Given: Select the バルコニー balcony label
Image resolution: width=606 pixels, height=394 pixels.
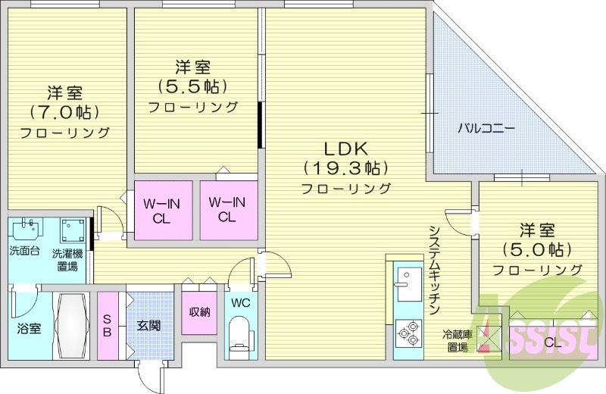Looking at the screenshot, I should pyautogui.click(x=486, y=128).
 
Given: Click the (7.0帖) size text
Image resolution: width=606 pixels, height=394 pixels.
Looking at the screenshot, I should pyautogui.click(x=64, y=113).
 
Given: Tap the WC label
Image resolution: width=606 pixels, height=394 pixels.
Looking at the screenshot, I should pyautogui.click(x=240, y=303).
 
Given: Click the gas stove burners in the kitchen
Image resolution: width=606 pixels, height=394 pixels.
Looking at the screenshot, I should pyautogui.click(x=408, y=333).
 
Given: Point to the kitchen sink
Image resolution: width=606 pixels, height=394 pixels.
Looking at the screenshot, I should pyautogui.click(x=408, y=283).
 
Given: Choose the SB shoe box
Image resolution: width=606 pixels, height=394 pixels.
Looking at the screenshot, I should pyautogui.click(x=107, y=327).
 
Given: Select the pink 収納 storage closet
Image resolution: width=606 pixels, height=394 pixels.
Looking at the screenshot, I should pyautogui.click(x=198, y=311).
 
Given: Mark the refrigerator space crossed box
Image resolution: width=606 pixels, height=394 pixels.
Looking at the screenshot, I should pyautogui.click(x=484, y=333).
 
